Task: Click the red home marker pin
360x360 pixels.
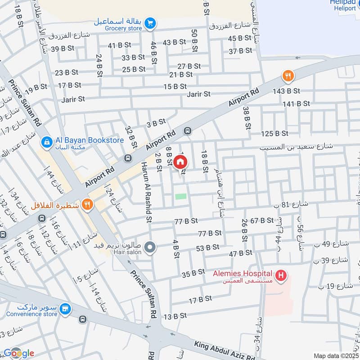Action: (180, 162)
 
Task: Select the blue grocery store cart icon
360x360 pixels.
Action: (150, 22)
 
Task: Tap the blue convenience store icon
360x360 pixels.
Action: (66, 309)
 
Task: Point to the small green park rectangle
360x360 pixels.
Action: (180, 196)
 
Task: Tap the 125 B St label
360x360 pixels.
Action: (274, 133)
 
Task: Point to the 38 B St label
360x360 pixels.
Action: (246, 117)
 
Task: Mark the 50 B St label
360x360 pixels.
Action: (194, 40)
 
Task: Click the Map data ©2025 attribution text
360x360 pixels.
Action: (336, 356)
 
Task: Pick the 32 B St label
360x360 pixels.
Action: (131, 137)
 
